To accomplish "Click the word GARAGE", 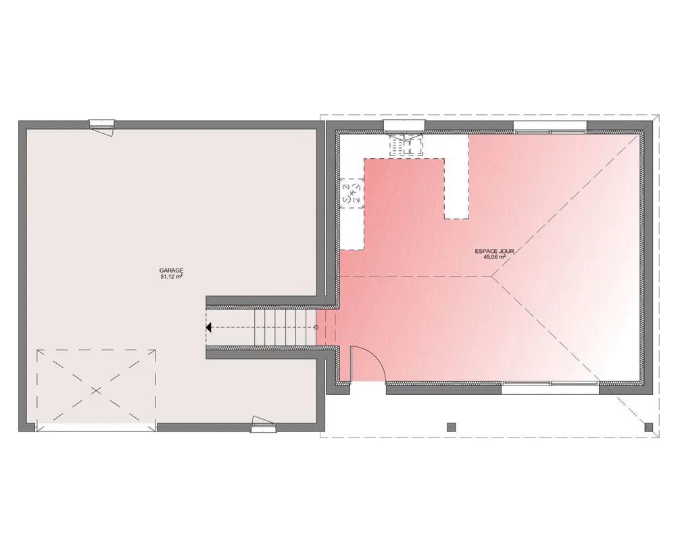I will pyautogui.click(x=172, y=270).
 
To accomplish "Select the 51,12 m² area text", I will pyautogui.click(x=172, y=277).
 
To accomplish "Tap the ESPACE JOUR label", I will pyautogui.click(x=495, y=251).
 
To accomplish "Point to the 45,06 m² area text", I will pyautogui.click(x=495, y=257).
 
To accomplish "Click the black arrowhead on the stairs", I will pyautogui.click(x=210, y=327).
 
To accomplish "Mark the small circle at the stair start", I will pyautogui.click(x=316, y=327).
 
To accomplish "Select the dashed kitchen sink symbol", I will pyautogui.click(x=406, y=145).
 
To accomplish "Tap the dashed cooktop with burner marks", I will pyautogui.click(x=351, y=194).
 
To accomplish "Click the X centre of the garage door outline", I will pyautogui.click(x=96, y=390).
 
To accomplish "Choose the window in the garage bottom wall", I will pyautogui.click(x=264, y=425).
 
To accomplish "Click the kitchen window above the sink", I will pyautogui.click(x=404, y=126).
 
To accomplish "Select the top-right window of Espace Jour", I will pyautogui.click(x=550, y=126).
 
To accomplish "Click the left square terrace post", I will pyautogui.click(x=451, y=427).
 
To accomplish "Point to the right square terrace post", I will pyautogui.click(x=649, y=427).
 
